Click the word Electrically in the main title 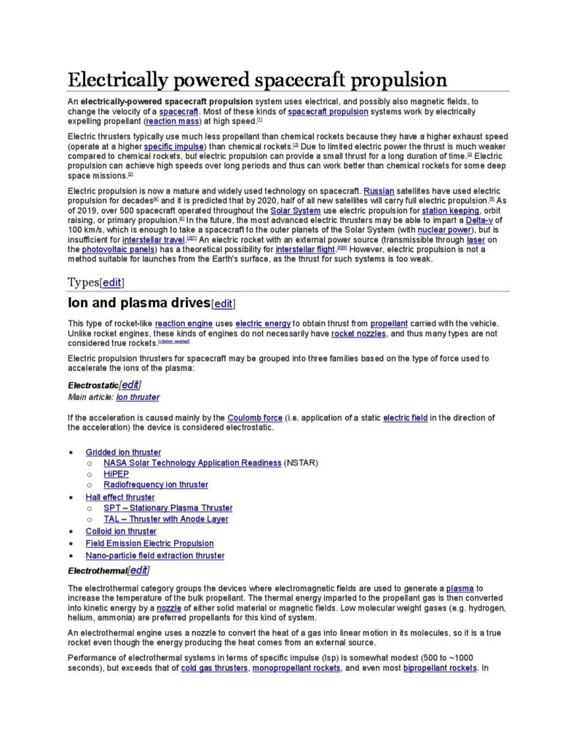(117, 79)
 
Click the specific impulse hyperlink (174, 146)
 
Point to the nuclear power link (444, 229)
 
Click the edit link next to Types (111, 283)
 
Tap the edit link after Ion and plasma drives (223, 304)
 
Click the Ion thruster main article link (138, 397)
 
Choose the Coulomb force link (255, 417)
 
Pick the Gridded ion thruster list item (123, 452)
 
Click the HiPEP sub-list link (117, 474)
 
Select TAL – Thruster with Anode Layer (166, 519)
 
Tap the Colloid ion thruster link (121, 531)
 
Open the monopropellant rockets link (296, 668)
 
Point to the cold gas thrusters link (214, 668)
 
